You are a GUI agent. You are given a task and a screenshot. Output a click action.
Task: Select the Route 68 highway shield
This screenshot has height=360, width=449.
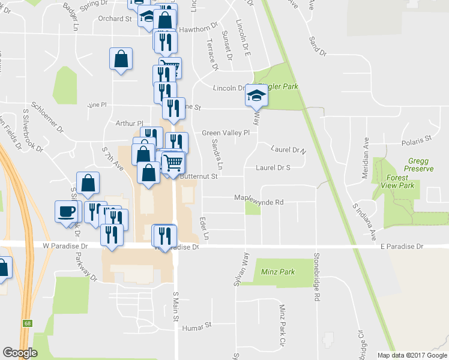click(28, 323)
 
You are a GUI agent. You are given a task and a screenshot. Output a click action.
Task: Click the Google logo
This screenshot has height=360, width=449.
click(20, 353)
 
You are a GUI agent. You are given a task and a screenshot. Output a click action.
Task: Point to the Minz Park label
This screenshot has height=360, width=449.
click(278, 272)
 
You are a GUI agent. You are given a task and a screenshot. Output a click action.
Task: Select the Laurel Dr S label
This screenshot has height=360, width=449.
click(273, 168)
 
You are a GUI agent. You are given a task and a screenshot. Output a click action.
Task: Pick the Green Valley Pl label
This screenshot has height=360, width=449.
click(225, 133)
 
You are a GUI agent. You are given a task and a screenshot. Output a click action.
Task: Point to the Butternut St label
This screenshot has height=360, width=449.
click(199, 176)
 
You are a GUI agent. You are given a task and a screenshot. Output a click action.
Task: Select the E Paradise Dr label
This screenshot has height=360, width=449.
click(402, 247)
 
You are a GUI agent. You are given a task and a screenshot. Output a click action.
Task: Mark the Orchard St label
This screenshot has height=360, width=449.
click(115, 19)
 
